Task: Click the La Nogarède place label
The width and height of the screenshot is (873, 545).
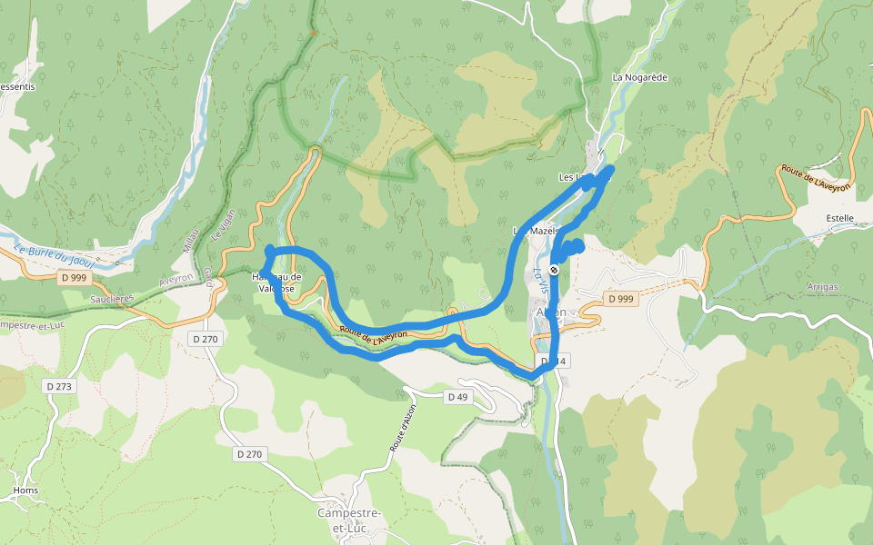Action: pyautogui.click(x=640, y=77)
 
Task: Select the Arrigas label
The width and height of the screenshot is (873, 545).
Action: pyautogui.click(x=822, y=286)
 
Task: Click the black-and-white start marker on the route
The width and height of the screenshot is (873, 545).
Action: pyautogui.click(x=553, y=270)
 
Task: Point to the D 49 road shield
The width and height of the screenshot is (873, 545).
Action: pyautogui.click(x=457, y=397)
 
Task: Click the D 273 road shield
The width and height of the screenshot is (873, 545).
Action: pyautogui.click(x=60, y=386)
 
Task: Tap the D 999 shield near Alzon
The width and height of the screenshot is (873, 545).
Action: pyautogui.click(x=620, y=298)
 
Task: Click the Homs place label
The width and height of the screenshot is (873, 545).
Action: pyautogui.click(x=25, y=490)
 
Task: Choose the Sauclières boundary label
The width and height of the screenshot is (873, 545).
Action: pyautogui.click(x=113, y=297)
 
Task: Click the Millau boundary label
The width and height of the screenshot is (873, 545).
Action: pyautogui.click(x=190, y=242)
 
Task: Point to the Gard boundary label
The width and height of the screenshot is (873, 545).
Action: pyautogui.click(x=208, y=277)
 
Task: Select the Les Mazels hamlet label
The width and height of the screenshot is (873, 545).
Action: pyautogui.click(x=535, y=231)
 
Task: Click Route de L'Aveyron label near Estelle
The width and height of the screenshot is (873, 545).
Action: pyautogui.click(x=816, y=178)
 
